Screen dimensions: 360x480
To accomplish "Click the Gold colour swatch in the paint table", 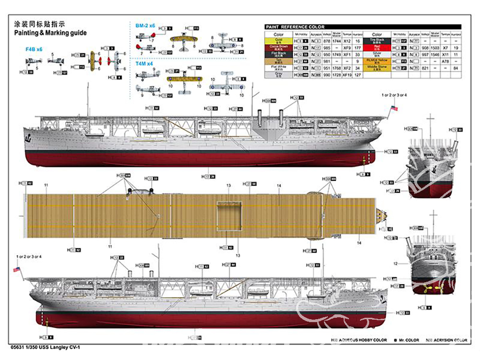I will tap(279, 41).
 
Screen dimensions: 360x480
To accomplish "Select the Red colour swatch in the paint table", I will tap(377, 48).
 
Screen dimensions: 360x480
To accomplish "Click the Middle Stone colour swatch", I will tap(377, 68).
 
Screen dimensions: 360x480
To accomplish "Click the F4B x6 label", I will tap(34, 49).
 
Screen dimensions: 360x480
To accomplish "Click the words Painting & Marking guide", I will tap(50, 33).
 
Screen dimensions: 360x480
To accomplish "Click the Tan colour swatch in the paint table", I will tap(279, 61).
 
